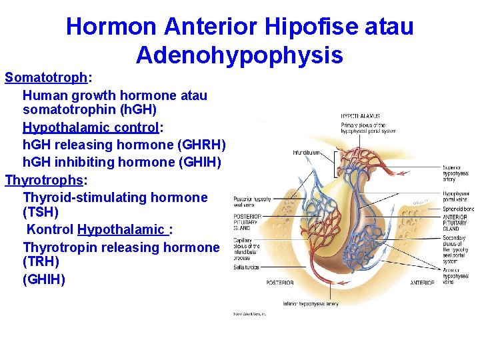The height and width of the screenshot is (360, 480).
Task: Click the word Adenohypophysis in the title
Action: [239, 55]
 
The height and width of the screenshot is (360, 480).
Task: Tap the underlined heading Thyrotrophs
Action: [43, 180]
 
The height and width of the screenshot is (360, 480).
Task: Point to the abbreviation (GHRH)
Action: [201, 145]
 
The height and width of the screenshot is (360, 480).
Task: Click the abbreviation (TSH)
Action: [41, 213]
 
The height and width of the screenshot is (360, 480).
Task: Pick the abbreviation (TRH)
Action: [41, 263]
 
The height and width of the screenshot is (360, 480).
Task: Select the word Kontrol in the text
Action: [50, 230]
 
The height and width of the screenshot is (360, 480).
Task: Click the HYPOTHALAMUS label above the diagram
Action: [360, 117]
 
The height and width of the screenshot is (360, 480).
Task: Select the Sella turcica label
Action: [246, 267]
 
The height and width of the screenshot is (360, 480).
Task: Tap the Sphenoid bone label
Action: [458, 209]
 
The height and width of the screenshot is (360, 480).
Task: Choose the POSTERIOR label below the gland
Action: [280, 283]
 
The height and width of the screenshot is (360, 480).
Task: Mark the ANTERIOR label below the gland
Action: [422, 283]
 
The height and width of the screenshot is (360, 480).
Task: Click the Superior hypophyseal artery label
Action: [458, 173]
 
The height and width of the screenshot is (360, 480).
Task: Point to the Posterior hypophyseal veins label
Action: [252, 202]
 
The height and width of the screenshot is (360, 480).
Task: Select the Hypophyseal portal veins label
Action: [458, 196]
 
